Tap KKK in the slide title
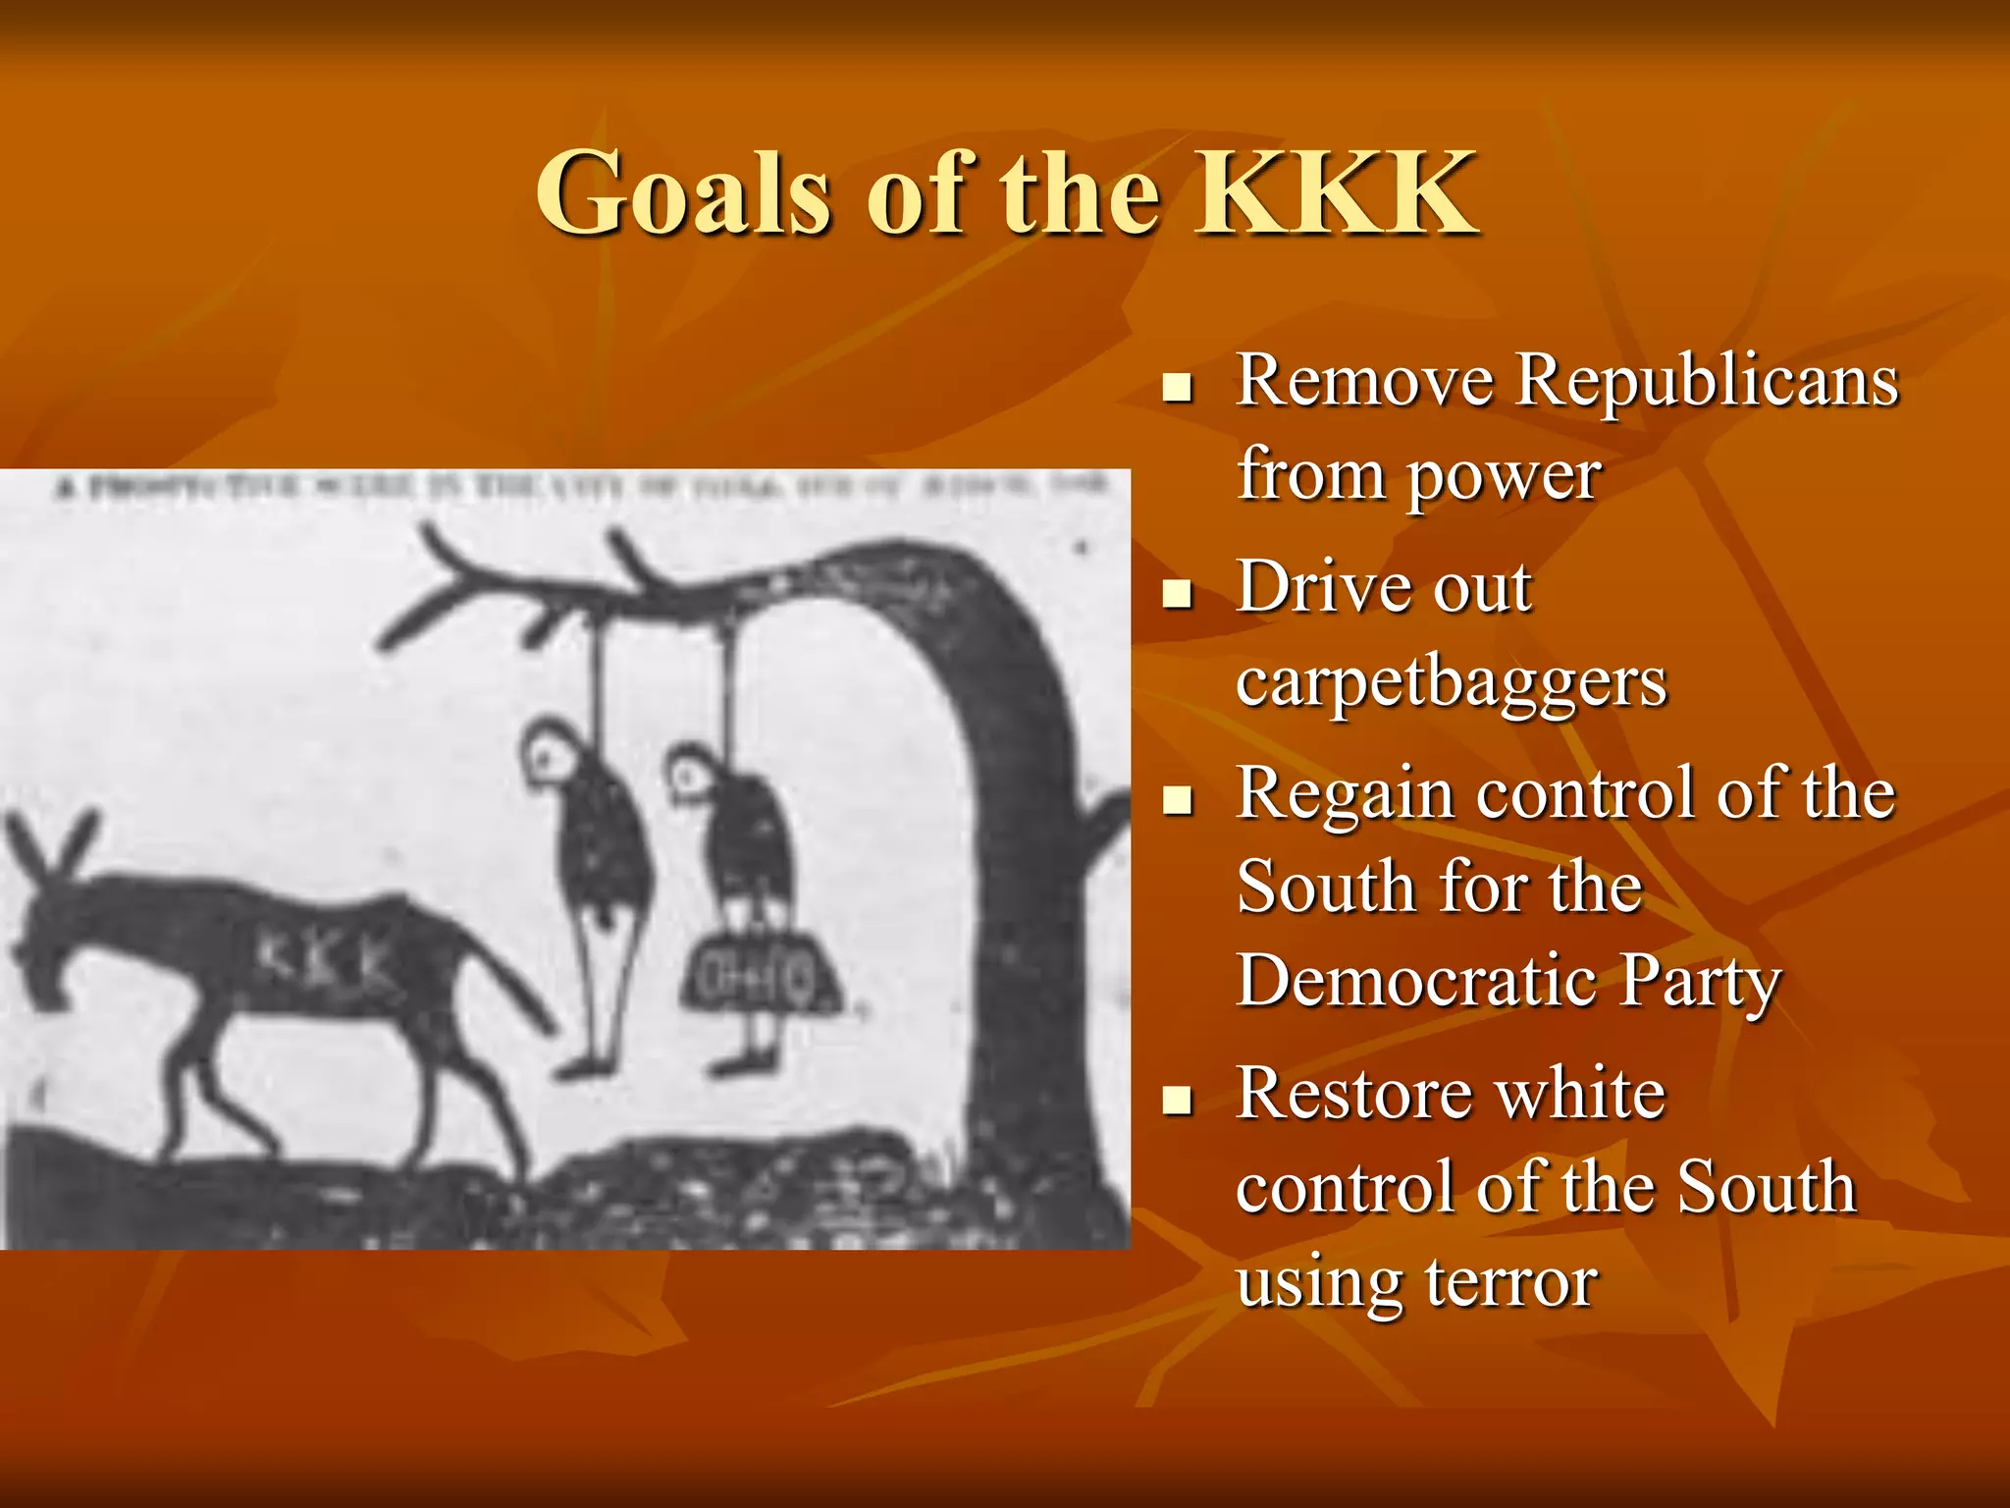(1337, 192)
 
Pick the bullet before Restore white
(1176, 1100)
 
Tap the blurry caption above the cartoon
(579, 486)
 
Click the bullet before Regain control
(1176, 800)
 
